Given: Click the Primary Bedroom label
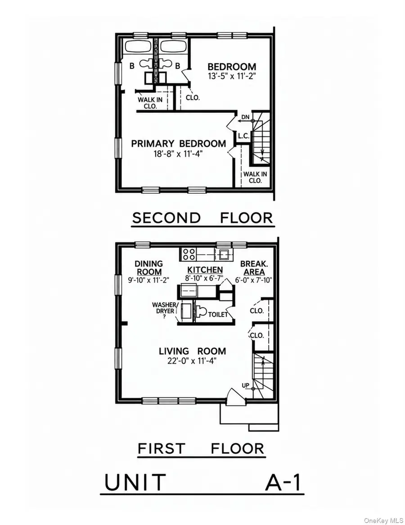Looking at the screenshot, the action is click(x=178, y=144).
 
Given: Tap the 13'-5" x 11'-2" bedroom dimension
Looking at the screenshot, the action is click(x=232, y=76).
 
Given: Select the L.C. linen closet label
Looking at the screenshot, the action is click(x=243, y=136).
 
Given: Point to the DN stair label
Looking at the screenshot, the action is click(x=245, y=117).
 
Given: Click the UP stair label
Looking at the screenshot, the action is click(x=245, y=385).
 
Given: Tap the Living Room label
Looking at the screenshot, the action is click(x=192, y=351).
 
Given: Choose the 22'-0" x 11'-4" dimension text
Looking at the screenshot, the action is click(x=192, y=361).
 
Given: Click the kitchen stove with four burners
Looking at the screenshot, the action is click(x=188, y=254).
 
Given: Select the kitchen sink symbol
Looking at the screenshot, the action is click(x=223, y=255).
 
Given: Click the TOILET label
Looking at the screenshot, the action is click(x=218, y=315).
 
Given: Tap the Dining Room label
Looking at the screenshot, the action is click(x=149, y=268).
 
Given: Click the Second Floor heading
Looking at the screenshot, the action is click(x=202, y=218).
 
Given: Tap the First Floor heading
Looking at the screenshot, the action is click(x=201, y=448).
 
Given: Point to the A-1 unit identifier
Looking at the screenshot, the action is click(x=283, y=483).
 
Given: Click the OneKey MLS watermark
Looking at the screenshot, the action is click(x=383, y=520).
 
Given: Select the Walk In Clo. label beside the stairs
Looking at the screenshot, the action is click(x=255, y=177).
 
